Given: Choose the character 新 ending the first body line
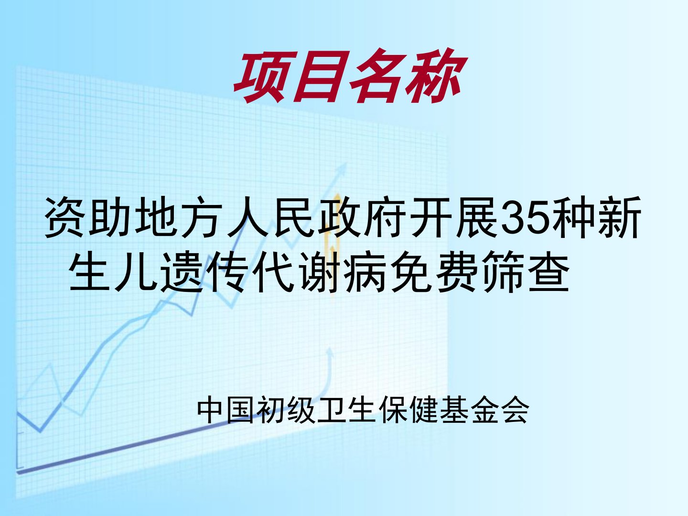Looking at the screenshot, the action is [x=620, y=217].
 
